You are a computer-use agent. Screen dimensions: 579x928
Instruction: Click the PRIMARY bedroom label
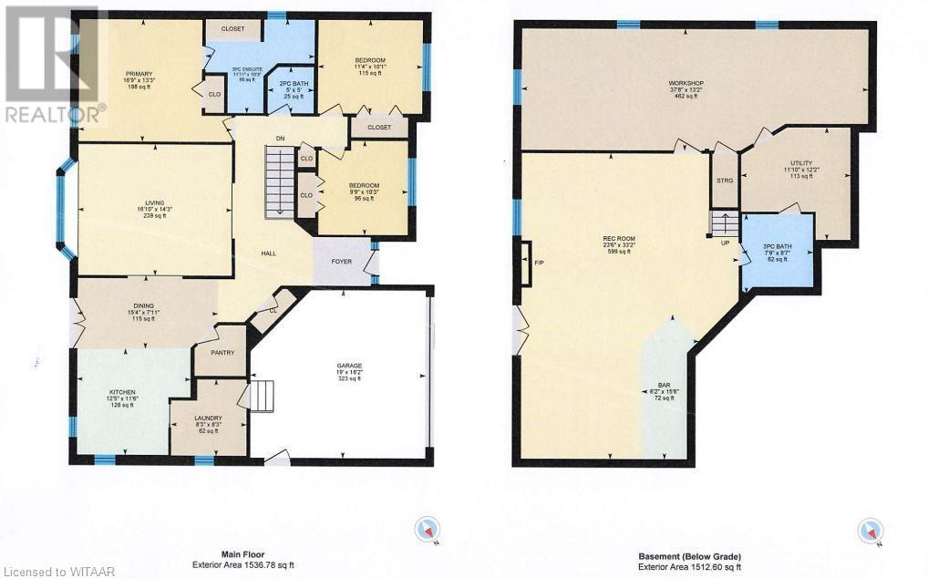tap(139, 74)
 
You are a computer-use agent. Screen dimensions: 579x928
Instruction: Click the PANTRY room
tap(222, 353)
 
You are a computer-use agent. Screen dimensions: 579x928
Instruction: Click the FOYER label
tap(341, 262)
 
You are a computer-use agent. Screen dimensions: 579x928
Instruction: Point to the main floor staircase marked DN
tap(281, 183)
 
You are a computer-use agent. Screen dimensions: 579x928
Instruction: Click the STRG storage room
tap(725, 181)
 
